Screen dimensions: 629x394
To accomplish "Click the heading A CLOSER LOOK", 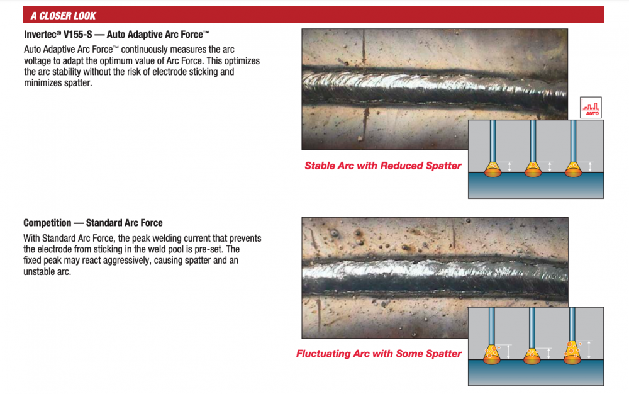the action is click(x=64, y=16).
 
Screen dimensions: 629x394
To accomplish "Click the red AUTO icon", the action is click(x=591, y=107).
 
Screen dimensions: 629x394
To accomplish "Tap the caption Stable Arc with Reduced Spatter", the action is click(x=382, y=166).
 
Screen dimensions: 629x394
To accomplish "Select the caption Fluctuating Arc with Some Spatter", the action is click(x=379, y=354).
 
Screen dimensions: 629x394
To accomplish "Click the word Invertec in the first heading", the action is click(x=40, y=35).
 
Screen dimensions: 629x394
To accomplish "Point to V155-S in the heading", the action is click(x=77, y=35).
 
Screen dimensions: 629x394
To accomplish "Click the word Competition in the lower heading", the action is click(x=47, y=223).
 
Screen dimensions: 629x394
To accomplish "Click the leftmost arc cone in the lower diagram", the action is click(x=492, y=353).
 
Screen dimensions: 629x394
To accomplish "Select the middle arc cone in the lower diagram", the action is click(x=532, y=356).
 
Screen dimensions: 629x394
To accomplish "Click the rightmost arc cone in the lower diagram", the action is click(x=572, y=352).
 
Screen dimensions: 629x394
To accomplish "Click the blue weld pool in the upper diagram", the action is click(x=535, y=186).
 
